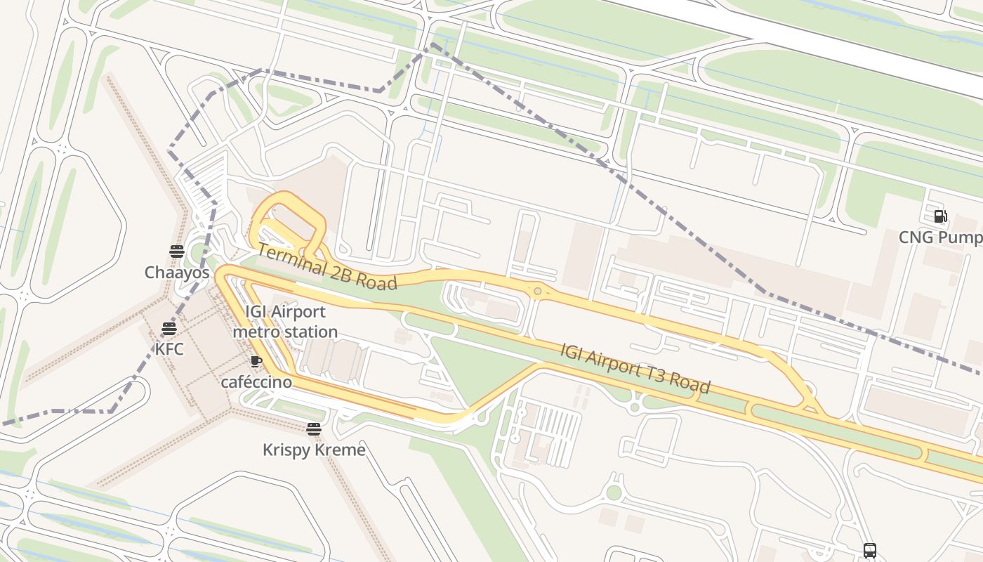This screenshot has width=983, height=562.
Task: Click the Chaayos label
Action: pyautogui.click(x=177, y=273)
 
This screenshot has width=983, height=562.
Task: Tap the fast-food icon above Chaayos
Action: pyautogui.click(x=176, y=251)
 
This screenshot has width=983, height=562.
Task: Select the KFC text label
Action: pyautogui.click(x=169, y=349)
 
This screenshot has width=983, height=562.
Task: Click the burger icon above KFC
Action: pyautogui.click(x=169, y=328)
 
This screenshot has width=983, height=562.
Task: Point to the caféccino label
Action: pyautogui.click(x=256, y=382)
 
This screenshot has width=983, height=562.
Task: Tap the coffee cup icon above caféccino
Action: pyautogui.click(x=256, y=362)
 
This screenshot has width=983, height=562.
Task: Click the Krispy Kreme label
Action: pyautogui.click(x=314, y=450)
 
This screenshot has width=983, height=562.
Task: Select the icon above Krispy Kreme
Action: pyautogui.click(x=314, y=429)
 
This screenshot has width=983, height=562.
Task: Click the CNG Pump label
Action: pyautogui.click(x=940, y=237)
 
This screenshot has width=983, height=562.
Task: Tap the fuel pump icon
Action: pyautogui.click(x=940, y=216)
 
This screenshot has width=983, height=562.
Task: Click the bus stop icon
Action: pyautogui.click(x=870, y=550)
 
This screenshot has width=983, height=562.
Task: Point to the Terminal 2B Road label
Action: pyautogui.click(x=326, y=267)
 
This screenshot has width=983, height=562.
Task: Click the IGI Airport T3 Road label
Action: pyautogui.click(x=635, y=368)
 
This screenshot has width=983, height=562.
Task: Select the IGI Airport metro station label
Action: pyautogui.click(x=285, y=322)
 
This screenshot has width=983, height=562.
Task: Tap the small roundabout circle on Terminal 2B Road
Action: pyautogui.click(x=538, y=291)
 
